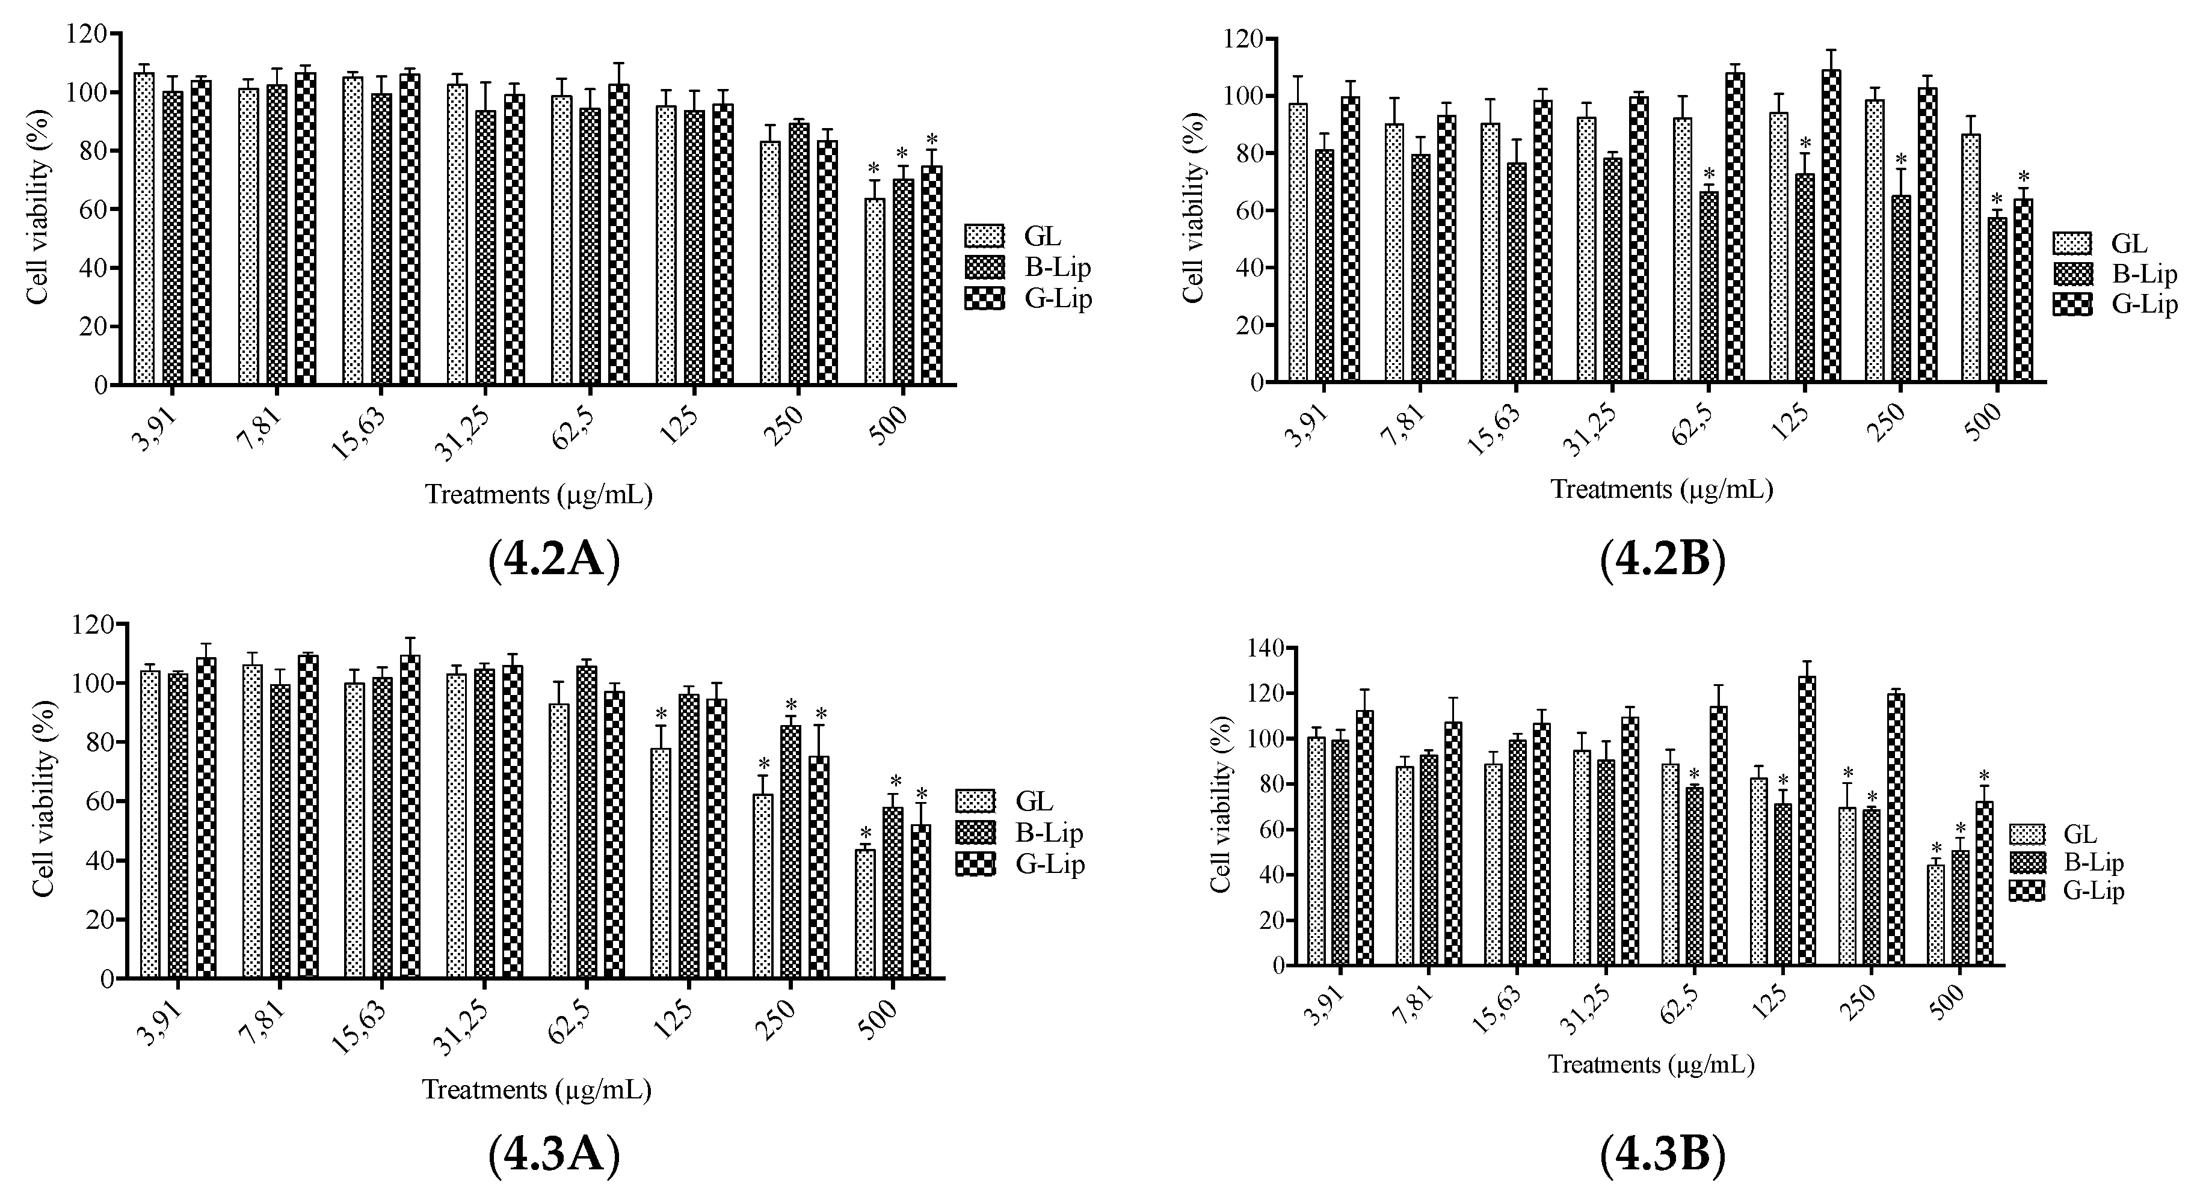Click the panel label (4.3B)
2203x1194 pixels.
click(1663, 1156)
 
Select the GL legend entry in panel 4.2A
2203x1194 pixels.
click(1026, 236)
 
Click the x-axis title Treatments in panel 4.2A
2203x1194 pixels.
click(539, 495)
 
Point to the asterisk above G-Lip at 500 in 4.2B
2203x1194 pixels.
click(2023, 177)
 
